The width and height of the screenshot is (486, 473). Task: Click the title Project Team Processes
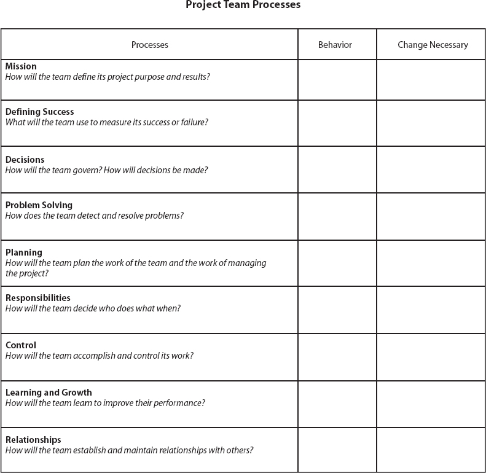(x=243, y=5)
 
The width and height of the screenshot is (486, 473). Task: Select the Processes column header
(x=149, y=45)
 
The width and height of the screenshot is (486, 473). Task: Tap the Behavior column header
(x=335, y=45)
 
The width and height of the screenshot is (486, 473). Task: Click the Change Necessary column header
(x=433, y=45)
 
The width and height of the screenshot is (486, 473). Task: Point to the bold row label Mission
(x=21, y=66)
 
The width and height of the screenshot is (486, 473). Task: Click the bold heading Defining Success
(x=39, y=112)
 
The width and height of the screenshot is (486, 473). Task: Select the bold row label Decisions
(x=25, y=160)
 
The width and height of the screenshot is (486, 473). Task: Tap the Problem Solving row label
(x=39, y=205)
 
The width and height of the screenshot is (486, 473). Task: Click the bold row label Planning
(x=24, y=252)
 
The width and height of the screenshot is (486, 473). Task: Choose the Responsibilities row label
(x=38, y=298)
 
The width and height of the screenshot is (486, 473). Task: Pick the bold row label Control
(x=21, y=345)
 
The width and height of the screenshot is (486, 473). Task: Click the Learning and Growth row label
(x=49, y=393)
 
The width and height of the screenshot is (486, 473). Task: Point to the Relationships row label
(x=33, y=440)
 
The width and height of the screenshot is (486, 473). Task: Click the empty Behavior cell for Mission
(x=337, y=80)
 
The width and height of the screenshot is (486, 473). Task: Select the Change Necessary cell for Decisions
(x=431, y=170)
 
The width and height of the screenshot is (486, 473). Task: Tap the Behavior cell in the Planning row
(x=337, y=264)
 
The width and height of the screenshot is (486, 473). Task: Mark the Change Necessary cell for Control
(x=431, y=358)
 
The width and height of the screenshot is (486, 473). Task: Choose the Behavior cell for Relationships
(x=337, y=450)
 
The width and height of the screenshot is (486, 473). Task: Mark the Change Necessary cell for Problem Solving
(x=431, y=217)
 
